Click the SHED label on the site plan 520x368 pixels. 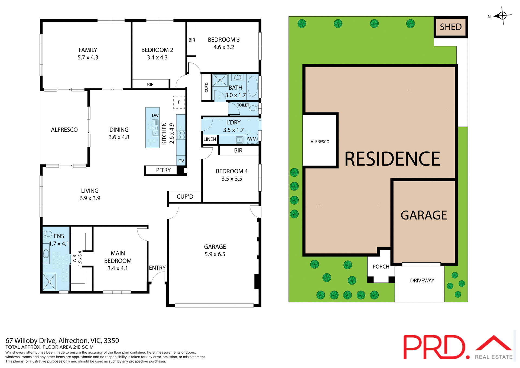[x=451, y=27]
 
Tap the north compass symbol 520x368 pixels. [x=502, y=16]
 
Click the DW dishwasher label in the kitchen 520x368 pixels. [x=155, y=115]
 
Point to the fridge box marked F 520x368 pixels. [x=179, y=102]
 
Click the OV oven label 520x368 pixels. [x=181, y=161]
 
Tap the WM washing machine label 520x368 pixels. [x=252, y=139]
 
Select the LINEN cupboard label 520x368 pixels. [x=210, y=139]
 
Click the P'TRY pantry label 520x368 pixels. [x=163, y=170]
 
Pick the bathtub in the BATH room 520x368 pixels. [x=253, y=86]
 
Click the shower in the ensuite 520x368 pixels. [x=49, y=282]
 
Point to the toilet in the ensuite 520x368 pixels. [x=48, y=234]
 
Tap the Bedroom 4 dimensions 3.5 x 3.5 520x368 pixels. [x=232, y=179]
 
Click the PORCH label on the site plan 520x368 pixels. [x=381, y=267]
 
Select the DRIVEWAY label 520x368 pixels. [x=422, y=281]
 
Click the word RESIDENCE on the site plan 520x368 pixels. [x=392, y=159]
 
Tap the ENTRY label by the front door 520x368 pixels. [x=157, y=268]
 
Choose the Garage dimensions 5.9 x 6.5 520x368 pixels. [x=215, y=254]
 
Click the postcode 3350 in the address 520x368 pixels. [x=111, y=341]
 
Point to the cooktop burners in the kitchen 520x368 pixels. [x=181, y=135]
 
